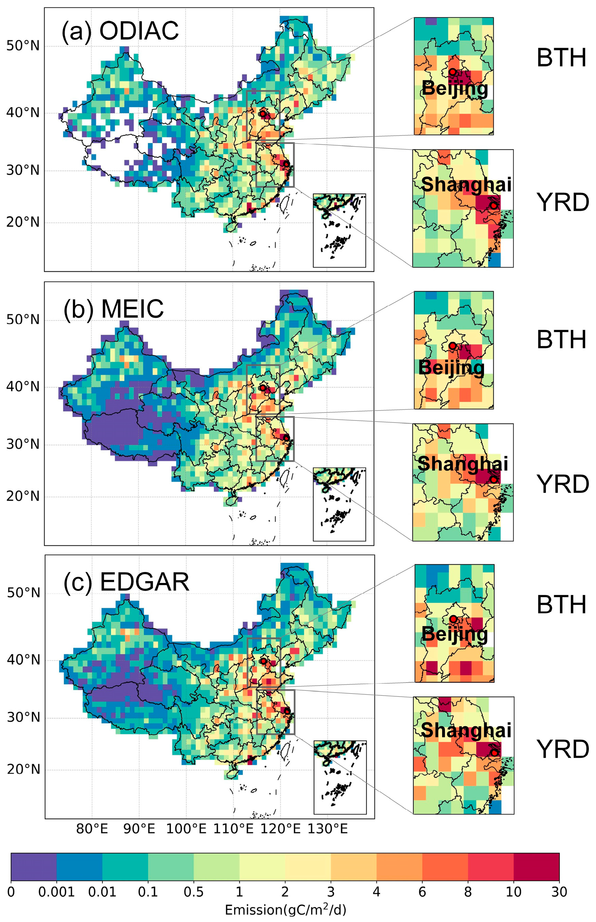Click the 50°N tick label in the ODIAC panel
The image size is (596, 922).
pos(23,46)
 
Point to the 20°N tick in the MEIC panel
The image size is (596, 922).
pos(23,496)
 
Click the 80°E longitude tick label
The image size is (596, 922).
pos(92,828)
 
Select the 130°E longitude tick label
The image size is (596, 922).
pos(327,828)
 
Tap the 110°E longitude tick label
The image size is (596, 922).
pos(233,828)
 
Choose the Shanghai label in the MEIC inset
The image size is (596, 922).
pos(462,463)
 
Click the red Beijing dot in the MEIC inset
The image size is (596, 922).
pos(452,346)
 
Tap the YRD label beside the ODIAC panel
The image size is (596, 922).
pos(562,202)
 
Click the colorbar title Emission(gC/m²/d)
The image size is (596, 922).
pos(285,910)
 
